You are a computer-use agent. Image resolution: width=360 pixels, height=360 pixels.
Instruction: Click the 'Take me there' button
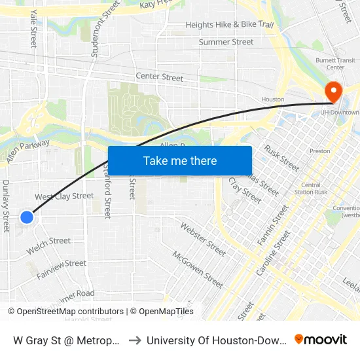click(180, 160)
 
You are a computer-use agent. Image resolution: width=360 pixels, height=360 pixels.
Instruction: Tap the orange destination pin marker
click(333, 92)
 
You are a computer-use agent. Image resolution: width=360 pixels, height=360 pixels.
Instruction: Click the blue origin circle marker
click(27, 217)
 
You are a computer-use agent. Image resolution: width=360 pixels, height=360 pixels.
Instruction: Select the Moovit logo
click(320, 340)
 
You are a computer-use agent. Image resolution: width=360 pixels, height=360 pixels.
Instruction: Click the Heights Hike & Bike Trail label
click(229, 25)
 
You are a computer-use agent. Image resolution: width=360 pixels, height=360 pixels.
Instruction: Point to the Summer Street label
click(226, 42)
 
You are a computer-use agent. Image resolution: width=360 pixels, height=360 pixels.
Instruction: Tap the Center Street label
click(160, 77)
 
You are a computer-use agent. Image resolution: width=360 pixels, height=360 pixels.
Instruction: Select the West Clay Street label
click(64, 196)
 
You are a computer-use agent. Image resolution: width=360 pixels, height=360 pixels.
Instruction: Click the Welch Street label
click(48, 245)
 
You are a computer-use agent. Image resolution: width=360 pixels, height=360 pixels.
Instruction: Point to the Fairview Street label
click(61, 268)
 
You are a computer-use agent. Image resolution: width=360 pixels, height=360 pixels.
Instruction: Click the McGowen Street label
click(197, 268)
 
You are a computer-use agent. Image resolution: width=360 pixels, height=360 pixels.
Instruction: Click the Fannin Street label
click(273, 225)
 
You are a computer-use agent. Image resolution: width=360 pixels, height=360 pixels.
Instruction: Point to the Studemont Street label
click(105, 29)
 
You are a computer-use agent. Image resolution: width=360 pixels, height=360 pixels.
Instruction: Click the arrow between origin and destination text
click(134, 340)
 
